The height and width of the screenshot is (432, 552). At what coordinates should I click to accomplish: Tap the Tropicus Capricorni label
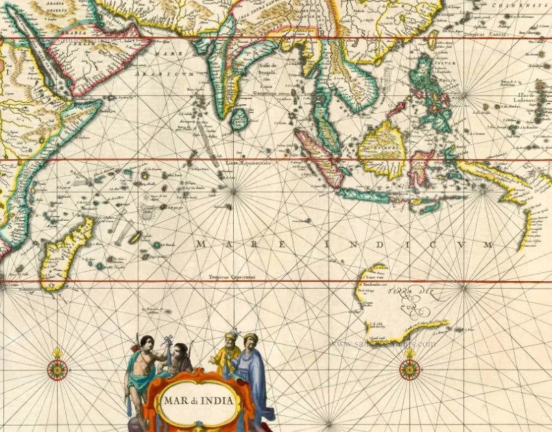(232, 276)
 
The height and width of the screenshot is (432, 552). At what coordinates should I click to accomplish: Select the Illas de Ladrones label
(510, 96)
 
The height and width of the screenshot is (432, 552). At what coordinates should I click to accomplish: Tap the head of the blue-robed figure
(250, 338)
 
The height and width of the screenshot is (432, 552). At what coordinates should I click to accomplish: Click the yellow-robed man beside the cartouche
(228, 353)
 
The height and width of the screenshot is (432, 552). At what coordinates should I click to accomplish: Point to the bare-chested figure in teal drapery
(141, 367)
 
